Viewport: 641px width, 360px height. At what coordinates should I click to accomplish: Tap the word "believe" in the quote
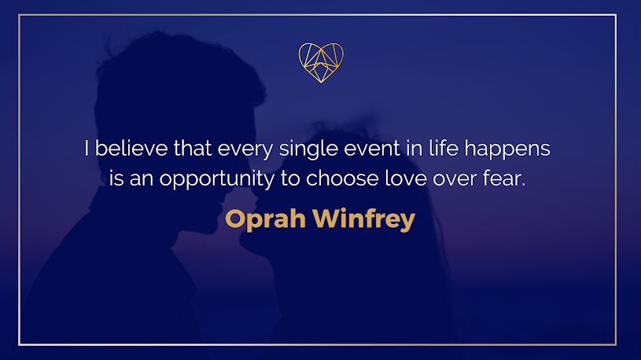pos(131,148)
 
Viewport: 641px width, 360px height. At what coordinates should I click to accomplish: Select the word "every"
pos(245,150)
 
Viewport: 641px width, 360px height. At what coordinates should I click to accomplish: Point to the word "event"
pos(372,149)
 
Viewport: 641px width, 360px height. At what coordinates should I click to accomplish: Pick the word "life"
pos(444,148)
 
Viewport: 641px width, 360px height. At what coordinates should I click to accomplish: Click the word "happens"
pos(507,149)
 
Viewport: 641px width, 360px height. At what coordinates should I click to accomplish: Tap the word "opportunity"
pos(216,180)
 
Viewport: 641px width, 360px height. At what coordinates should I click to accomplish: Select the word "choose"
pos(343,178)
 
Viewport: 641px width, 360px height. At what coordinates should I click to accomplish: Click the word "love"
pos(406,178)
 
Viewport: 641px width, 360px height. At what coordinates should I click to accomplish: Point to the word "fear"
pos(503,178)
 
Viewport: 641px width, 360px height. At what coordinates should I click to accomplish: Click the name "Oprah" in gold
pos(266,220)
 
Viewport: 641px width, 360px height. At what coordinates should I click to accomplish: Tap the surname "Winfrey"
pos(364,220)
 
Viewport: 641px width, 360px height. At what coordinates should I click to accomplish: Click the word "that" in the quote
pos(193,148)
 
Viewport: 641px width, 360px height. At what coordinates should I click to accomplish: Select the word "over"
pos(455,180)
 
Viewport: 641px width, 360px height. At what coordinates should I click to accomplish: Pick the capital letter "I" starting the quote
pos(87,148)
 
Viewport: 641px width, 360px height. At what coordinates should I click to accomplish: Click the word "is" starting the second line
pos(116,178)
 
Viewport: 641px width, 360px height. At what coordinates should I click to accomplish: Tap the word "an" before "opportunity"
pos(142,180)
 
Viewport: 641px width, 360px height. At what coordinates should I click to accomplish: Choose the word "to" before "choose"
pos(290,179)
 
